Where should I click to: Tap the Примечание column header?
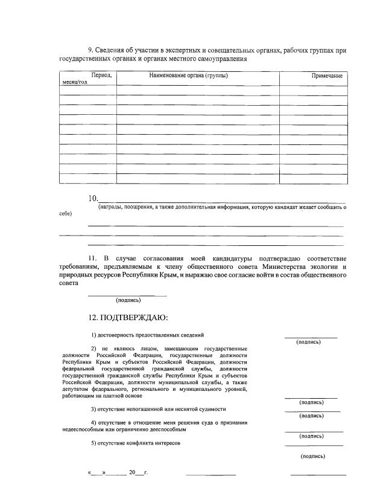click(x=327, y=76)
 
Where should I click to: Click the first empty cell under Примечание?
click(x=313, y=91)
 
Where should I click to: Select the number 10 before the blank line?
click(x=93, y=199)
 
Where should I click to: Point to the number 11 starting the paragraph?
click(x=92, y=259)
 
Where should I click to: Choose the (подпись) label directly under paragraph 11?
click(x=128, y=300)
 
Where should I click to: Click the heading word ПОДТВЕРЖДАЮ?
click(x=134, y=317)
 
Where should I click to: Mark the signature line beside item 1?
click(x=311, y=336)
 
